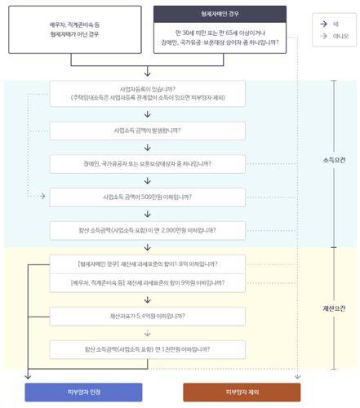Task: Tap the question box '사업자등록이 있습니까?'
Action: pos(147,92)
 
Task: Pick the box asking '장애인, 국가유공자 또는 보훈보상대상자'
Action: pos(147,163)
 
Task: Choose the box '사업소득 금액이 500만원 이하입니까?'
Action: pos(147,197)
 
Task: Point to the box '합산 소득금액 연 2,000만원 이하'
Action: pos(147,230)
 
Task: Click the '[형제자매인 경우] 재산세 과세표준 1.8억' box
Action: pos(147,264)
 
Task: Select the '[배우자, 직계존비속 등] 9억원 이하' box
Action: pos(147,282)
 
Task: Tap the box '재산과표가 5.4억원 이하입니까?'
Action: pos(147,316)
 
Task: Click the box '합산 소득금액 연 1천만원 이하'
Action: pos(147,349)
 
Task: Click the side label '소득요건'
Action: pos(335,160)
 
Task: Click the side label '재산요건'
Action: pos(335,308)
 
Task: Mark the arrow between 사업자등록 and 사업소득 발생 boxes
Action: pos(147,113)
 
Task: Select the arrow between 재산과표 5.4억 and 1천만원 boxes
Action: pos(147,332)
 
